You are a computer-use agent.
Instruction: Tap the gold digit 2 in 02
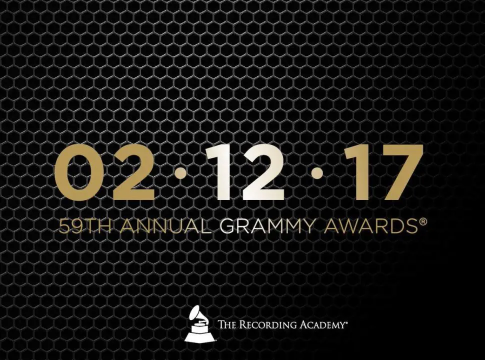[133, 172]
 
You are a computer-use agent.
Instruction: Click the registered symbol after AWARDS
[417, 221]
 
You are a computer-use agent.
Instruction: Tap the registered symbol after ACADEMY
[343, 322]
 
